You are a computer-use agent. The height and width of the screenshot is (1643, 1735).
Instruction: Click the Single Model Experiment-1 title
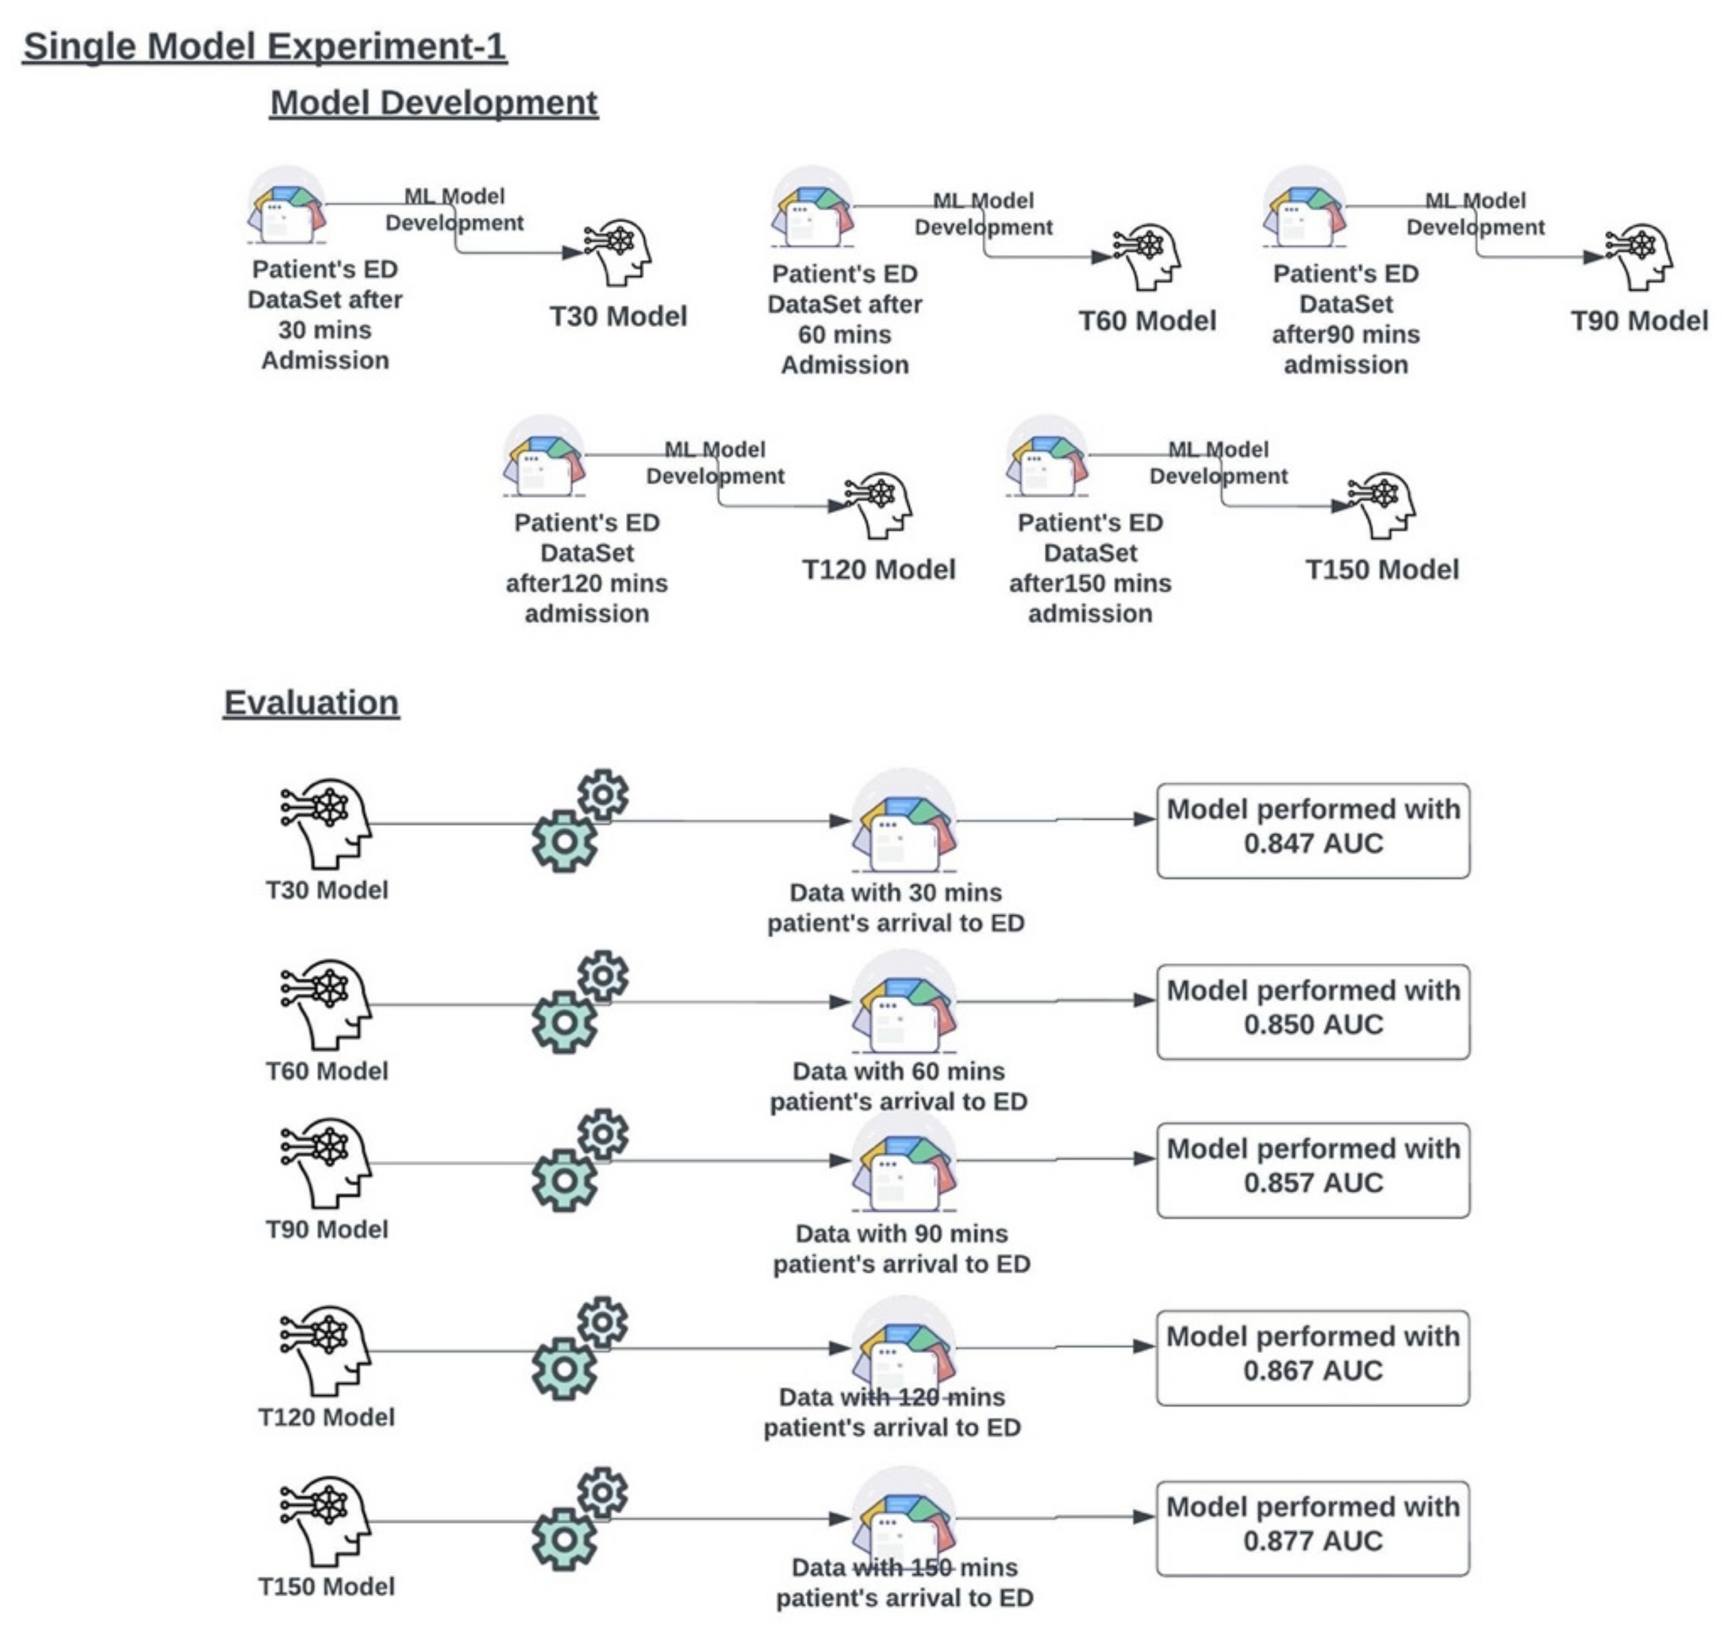tap(264, 46)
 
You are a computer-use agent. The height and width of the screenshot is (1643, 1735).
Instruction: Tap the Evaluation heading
tap(311, 702)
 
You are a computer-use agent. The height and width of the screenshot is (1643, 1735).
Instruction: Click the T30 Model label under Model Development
tap(618, 316)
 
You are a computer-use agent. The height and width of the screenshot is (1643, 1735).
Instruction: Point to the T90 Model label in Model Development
tap(1639, 320)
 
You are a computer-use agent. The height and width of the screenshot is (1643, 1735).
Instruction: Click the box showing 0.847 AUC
tap(1313, 830)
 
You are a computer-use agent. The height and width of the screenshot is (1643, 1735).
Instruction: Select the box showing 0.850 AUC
tap(1313, 1011)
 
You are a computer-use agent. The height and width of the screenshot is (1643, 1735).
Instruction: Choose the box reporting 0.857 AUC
tap(1313, 1170)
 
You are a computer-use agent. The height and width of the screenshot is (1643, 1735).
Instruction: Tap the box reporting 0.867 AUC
tap(1313, 1358)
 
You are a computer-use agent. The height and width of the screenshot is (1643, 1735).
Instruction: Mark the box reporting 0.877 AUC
tap(1313, 1528)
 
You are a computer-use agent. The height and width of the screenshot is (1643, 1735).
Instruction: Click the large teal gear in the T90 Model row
tap(565, 1181)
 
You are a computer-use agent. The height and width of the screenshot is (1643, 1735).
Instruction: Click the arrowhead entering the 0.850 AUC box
tap(1144, 1000)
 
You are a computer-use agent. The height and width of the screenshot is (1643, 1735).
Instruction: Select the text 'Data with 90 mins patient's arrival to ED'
tap(901, 1249)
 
